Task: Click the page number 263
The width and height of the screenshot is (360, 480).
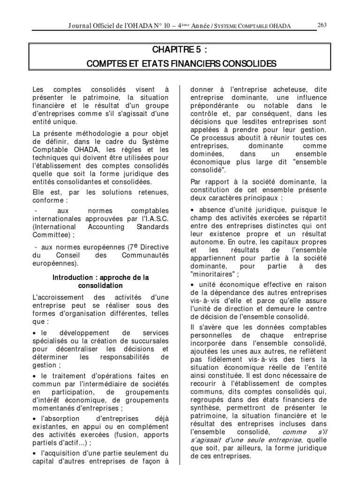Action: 322,25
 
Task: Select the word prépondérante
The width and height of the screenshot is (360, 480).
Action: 211,105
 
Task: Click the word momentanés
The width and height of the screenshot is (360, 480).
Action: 53,407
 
